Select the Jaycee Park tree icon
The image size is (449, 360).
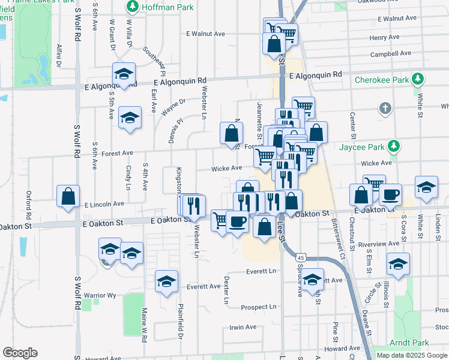[x=394, y=146]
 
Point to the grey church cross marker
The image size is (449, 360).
[x=385, y=109]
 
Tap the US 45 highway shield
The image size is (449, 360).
[x=300, y=257]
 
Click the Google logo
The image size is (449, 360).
[x=20, y=353]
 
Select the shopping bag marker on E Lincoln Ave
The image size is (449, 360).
[x=68, y=196]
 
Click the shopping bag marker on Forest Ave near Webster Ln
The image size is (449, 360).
[x=231, y=134]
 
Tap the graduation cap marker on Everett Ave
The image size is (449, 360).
[x=167, y=281]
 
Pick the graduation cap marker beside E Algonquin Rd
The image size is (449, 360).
[x=124, y=74]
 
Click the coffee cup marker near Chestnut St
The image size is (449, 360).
[x=390, y=194]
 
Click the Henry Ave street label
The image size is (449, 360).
[x=385, y=37]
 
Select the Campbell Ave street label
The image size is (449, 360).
[x=390, y=53]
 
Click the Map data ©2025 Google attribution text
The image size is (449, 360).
[x=412, y=355]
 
